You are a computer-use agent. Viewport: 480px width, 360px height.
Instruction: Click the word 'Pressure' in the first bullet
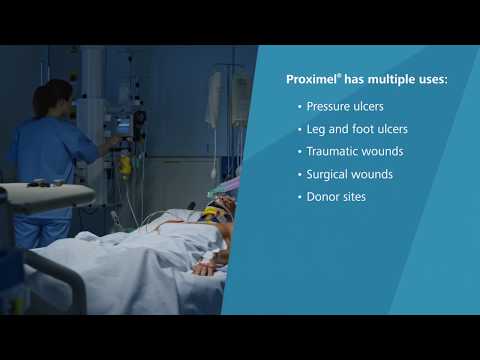[x=330, y=105]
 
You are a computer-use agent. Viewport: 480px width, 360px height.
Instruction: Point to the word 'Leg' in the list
[x=316, y=128]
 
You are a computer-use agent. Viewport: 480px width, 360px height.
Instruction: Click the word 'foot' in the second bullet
[x=362, y=128]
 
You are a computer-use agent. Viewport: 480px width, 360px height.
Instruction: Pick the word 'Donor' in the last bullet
[x=323, y=197]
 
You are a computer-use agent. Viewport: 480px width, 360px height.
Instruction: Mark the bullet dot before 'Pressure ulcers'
[x=299, y=105]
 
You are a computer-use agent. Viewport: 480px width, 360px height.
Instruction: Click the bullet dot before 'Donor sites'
[x=299, y=197]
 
